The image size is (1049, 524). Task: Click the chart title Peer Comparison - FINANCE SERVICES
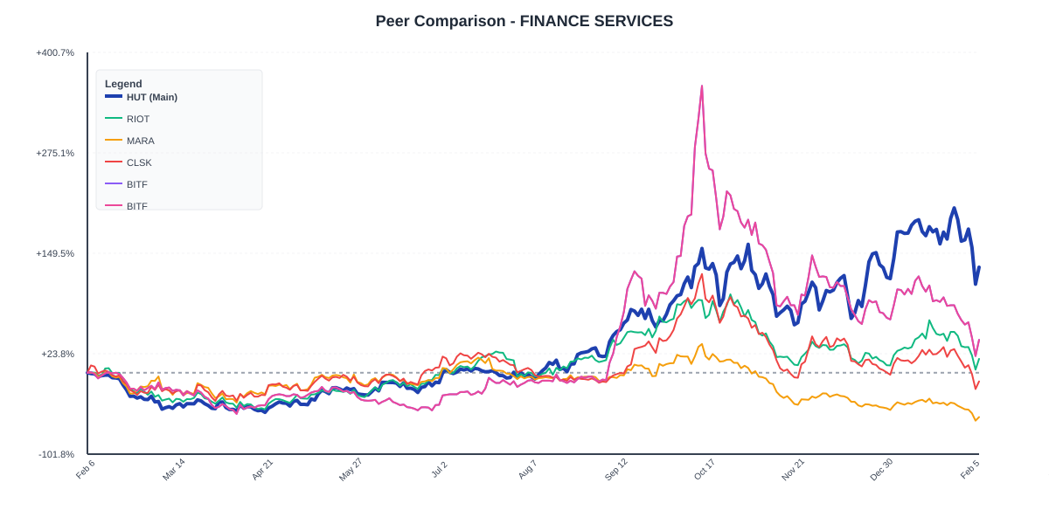[524, 21]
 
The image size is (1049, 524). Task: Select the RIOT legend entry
[137, 119]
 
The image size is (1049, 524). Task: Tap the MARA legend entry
[140, 141]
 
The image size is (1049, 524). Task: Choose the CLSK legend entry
[138, 162]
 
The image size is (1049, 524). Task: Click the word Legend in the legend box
[123, 84]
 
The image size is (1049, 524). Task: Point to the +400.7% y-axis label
[55, 52]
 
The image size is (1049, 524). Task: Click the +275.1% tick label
[55, 153]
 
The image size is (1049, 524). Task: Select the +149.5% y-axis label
[55, 253]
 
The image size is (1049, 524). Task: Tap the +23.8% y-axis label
[58, 354]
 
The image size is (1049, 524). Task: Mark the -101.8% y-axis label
[56, 454]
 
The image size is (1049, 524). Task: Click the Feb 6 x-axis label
[86, 469]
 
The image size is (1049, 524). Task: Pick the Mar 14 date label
[174, 469]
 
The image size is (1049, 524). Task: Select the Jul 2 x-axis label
[439, 469]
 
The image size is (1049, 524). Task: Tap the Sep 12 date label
[616, 469]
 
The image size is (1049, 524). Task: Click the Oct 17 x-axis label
[705, 469]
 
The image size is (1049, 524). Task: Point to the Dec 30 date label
[881, 469]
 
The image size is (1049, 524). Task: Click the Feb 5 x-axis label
[969, 469]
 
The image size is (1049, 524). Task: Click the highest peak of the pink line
[701, 86]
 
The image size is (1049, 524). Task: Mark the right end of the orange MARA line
[979, 417]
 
